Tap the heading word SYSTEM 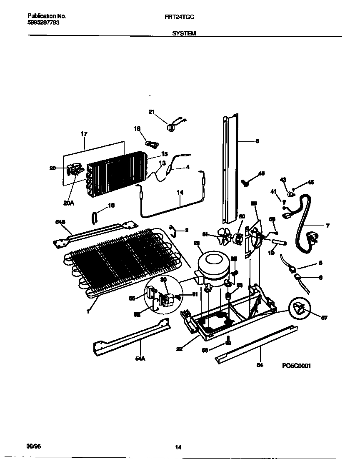(184, 33)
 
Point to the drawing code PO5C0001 (296, 366)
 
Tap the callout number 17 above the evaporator (84, 134)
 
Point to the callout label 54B (60, 222)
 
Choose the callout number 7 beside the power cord (327, 226)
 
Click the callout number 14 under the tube (180, 193)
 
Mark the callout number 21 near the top (151, 112)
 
